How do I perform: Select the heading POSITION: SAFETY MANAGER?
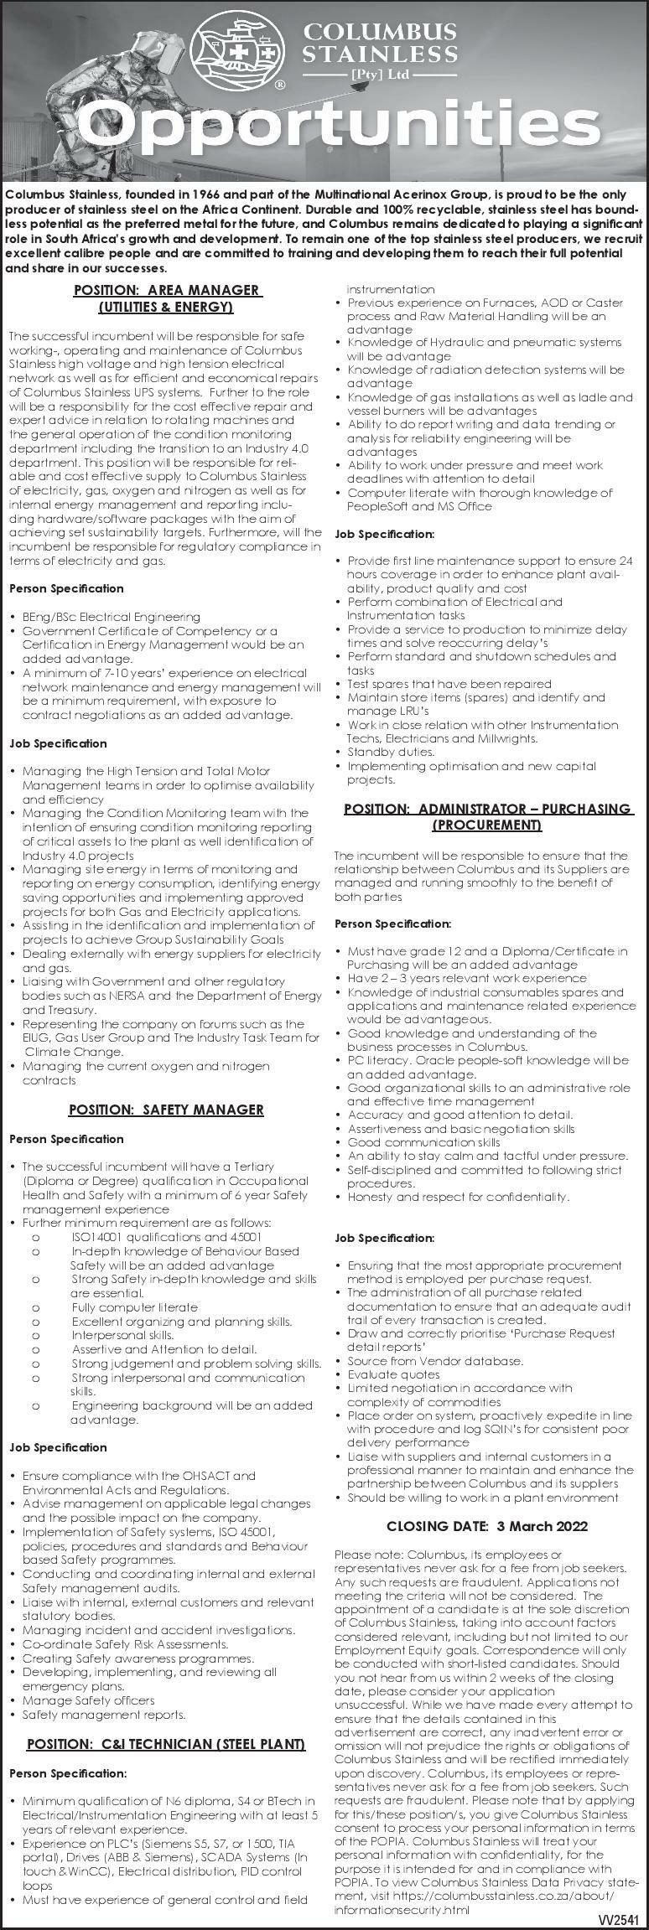[x=166, y=1110]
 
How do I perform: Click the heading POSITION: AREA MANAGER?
[x=167, y=290]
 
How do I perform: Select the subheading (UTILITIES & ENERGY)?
[x=166, y=308]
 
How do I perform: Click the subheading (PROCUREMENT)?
[x=487, y=825]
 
